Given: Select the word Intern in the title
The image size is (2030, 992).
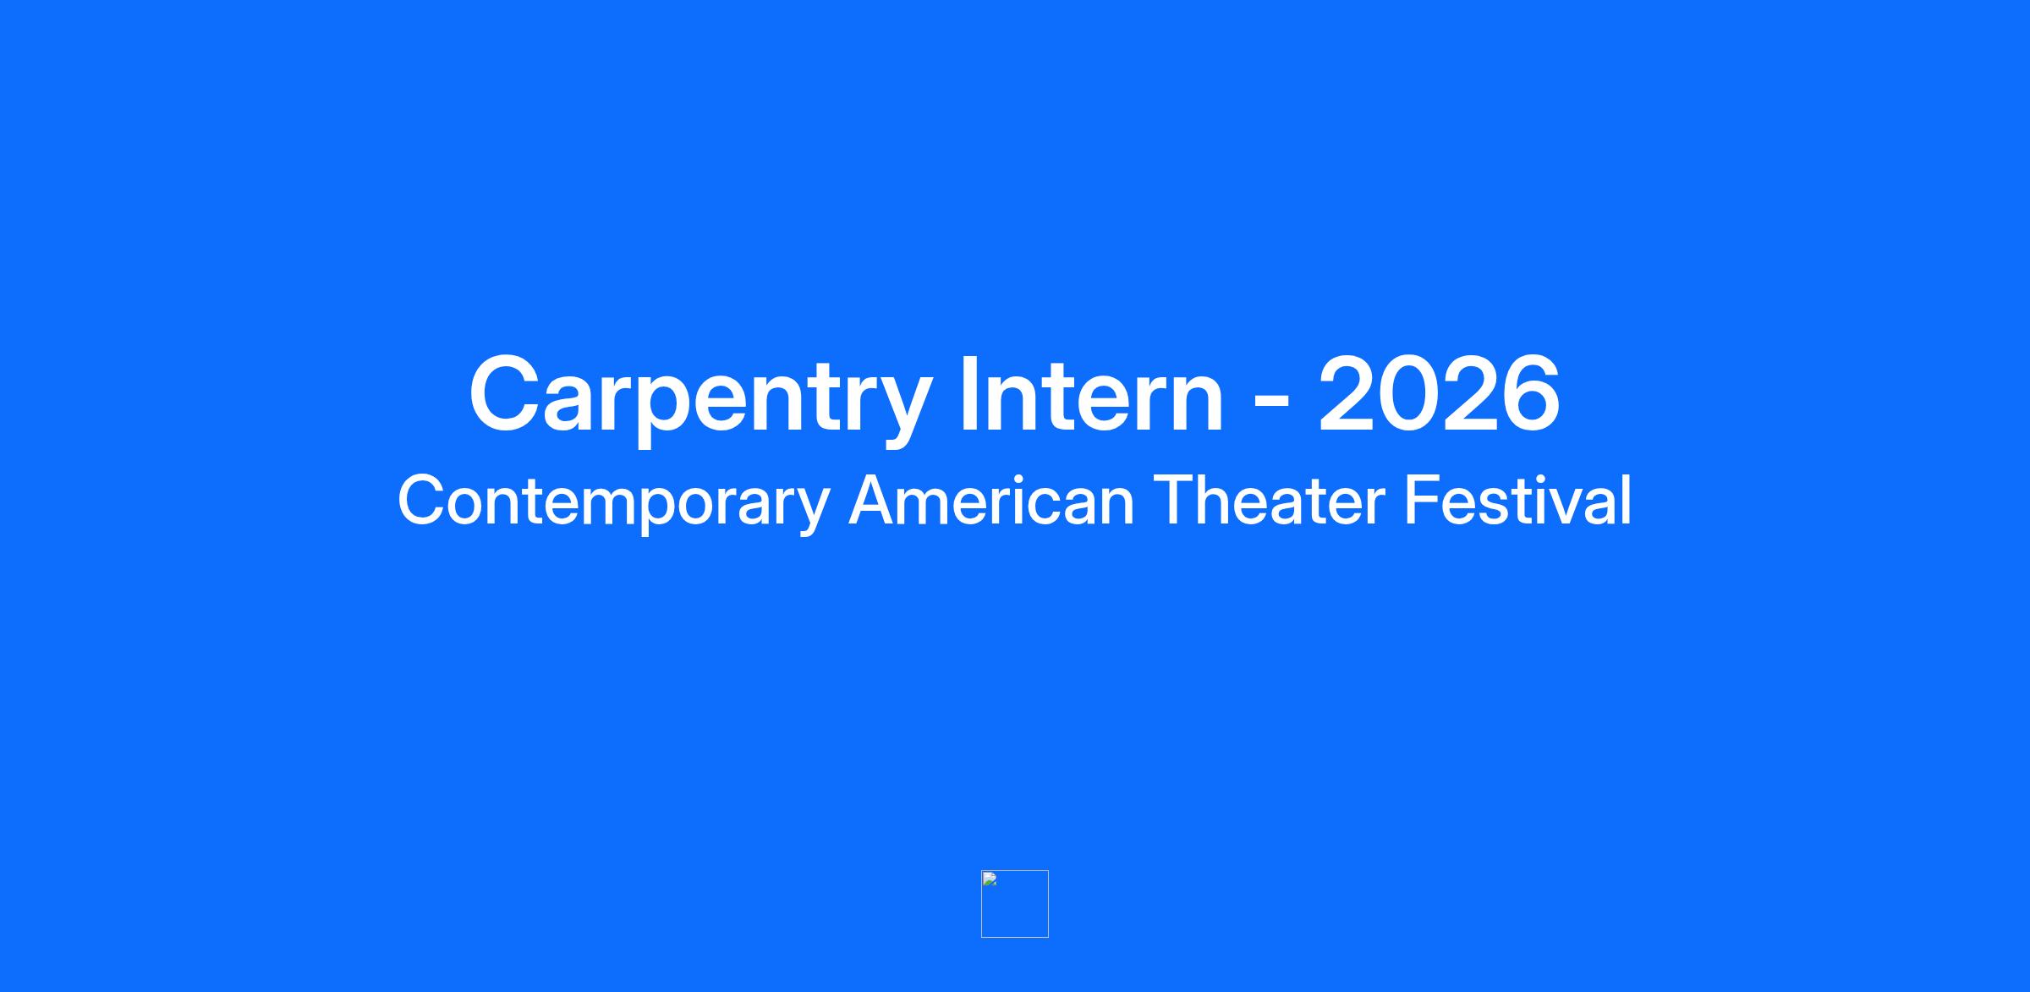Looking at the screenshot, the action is click(1091, 393).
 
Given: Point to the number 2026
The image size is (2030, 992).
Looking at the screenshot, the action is click(1438, 393).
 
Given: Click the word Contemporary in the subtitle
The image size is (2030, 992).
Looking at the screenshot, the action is click(614, 502).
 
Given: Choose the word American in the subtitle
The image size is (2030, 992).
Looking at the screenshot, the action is click(990, 500).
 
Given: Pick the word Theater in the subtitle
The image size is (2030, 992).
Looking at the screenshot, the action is click(1268, 500).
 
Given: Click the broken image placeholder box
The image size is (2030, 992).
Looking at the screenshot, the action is click(1015, 904).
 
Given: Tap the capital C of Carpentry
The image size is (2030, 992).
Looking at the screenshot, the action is click(505, 393).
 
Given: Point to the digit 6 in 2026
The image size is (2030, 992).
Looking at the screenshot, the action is click(1529, 393).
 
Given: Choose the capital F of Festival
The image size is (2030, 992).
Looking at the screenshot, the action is click(1423, 500).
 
